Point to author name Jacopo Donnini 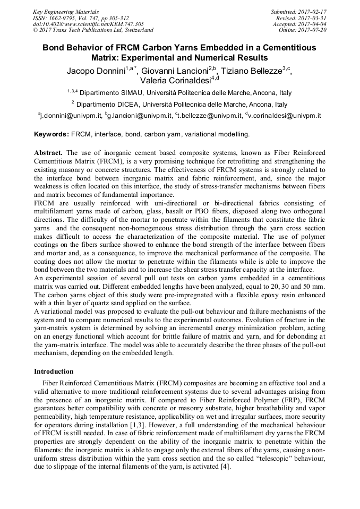95,71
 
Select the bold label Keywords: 52,134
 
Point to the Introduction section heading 54,372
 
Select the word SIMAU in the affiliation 131,92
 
